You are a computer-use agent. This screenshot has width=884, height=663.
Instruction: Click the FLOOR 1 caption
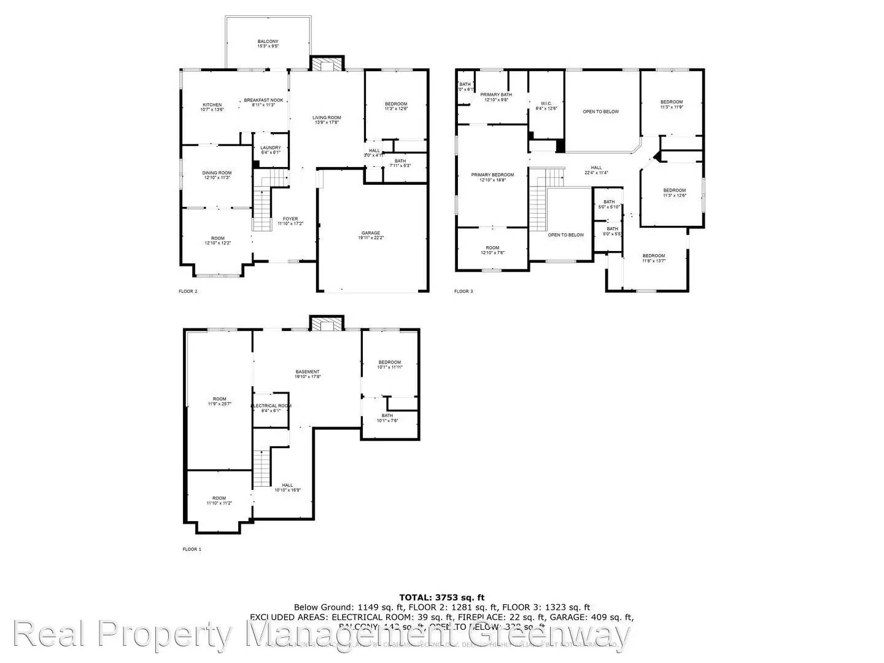tap(192, 549)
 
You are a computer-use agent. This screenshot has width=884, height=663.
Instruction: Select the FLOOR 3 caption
tap(463, 291)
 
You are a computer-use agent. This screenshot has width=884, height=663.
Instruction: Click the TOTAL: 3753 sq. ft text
tap(441, 597)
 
